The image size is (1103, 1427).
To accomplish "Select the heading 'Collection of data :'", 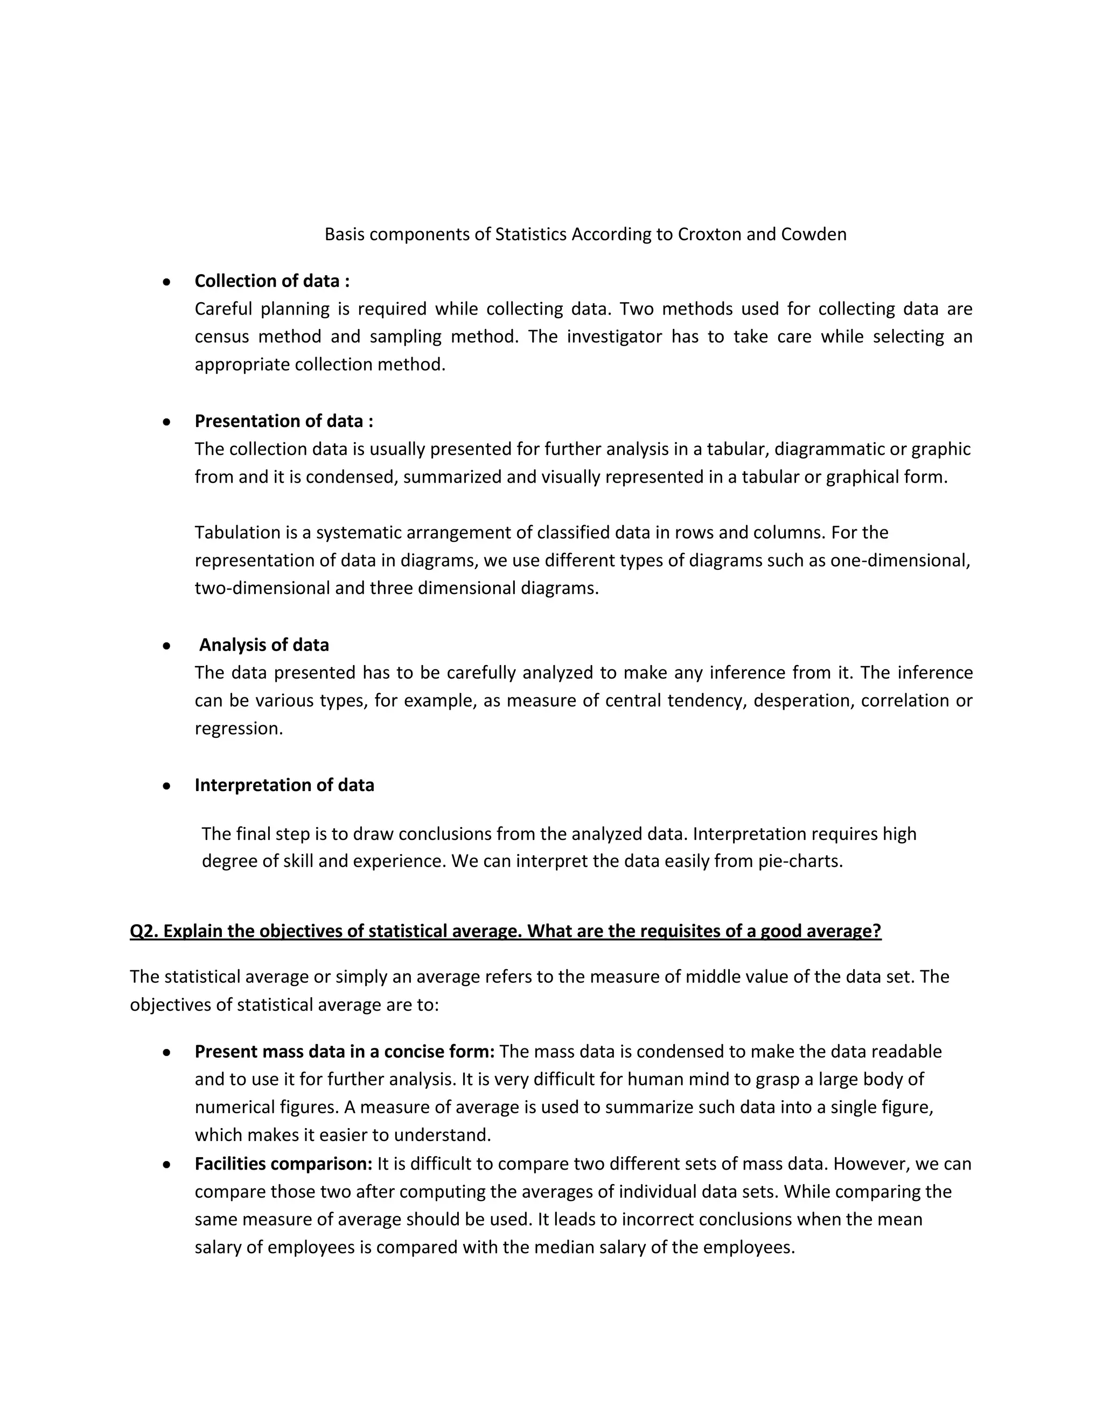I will pos(272,281).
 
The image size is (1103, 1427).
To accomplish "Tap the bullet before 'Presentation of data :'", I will pos(167,422).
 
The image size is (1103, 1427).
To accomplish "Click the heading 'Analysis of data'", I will pos(264,645).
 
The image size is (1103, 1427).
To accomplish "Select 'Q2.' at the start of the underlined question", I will pos(144,931).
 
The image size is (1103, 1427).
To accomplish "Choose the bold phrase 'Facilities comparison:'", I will pos(284,1164).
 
